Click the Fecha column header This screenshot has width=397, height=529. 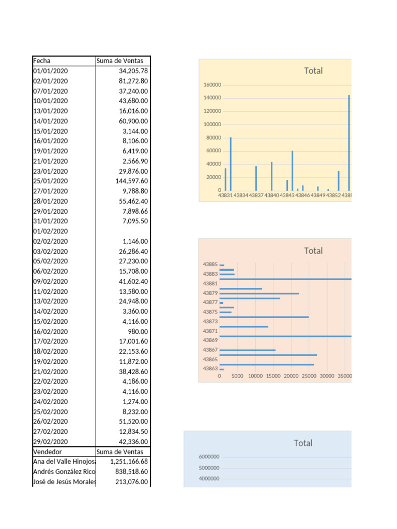tap(42, 61)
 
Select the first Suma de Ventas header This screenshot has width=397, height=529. tap(119, 61)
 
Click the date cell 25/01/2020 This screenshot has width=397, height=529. tap(50, 181)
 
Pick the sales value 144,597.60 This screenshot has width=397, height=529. tap(132, 181)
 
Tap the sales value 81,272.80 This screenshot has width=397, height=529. tap(133, 81)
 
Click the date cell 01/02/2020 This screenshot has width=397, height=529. tap(50, 231)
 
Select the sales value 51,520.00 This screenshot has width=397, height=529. tap(133, 422)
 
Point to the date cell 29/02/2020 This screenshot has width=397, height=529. tap(50, 442)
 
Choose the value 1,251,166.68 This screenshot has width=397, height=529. tap(129, 461)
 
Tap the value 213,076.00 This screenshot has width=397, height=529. tap(132, 482)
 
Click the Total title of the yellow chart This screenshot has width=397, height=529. tap(313, 71)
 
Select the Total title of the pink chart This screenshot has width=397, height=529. tap(313, 251)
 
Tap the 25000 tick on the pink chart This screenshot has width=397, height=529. tap(309, 376)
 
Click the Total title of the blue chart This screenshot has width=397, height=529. tap(303, 443)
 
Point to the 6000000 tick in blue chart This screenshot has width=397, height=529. tap(209, 457)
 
